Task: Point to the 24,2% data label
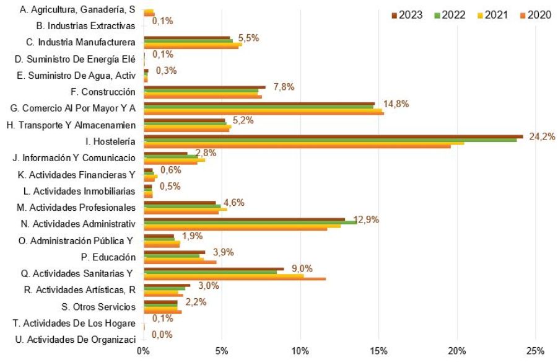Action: click(541, 136)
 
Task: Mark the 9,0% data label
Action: click(302, 268)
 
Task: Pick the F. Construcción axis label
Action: click(103, 92)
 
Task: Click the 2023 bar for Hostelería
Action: click(333, 136)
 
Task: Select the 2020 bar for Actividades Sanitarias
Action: click(235, 279)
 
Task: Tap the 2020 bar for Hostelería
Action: click(297, 147)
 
